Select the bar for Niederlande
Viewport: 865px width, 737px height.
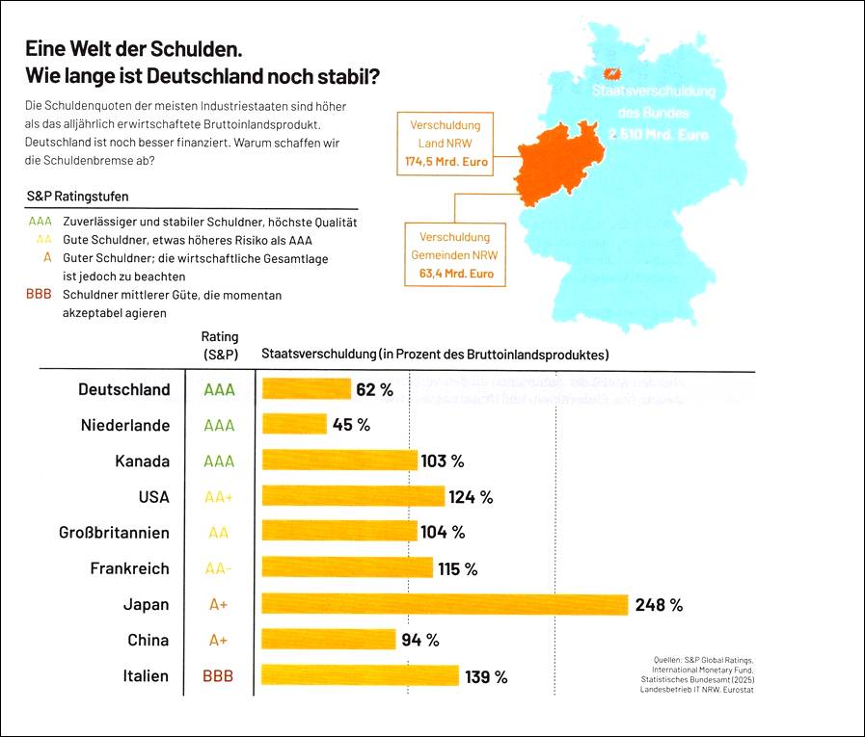point(295,425)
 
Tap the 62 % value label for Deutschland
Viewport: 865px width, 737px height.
point(374,390)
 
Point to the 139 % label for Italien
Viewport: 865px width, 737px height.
point(486,676)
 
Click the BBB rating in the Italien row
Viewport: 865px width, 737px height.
point(218,676)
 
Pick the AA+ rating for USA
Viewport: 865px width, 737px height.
point(219,497)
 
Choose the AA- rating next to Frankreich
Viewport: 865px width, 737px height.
point(219,568)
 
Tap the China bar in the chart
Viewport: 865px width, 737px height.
point(329,640)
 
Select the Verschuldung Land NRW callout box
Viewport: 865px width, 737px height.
point(445,145)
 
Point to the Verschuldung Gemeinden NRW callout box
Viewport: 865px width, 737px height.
point(455,255)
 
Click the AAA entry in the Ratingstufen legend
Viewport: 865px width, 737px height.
point(40,222)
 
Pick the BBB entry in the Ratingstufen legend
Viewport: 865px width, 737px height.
point(40,295)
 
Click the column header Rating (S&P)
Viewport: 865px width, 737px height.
point(219,346)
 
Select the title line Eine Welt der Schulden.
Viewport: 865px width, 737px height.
point(133,48)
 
